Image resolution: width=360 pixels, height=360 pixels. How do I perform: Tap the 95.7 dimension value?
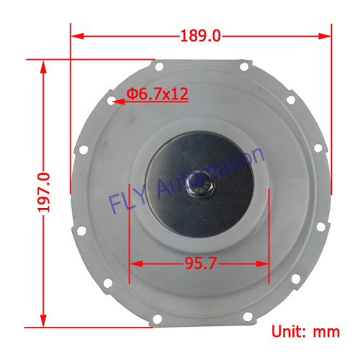(200, 264)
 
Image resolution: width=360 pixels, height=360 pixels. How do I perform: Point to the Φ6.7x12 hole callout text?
(157, 94)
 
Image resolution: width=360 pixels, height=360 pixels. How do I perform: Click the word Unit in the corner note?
(290, 332)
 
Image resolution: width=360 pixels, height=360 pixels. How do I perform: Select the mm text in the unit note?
(327, 332)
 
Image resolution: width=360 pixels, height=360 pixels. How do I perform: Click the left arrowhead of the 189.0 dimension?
(77, 35)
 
